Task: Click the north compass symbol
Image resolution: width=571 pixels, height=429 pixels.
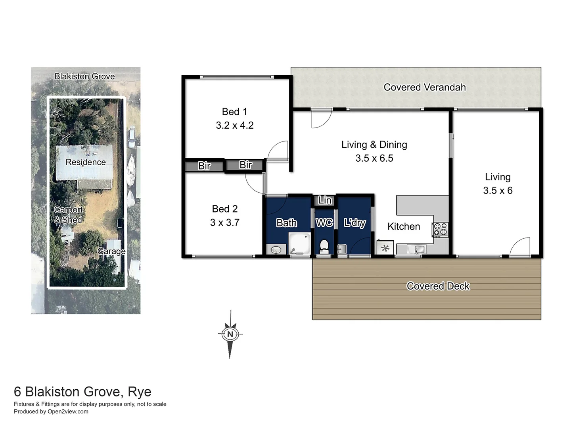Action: click(x=230, y=334)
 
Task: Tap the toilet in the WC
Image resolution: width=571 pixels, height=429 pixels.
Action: click(x=324, y=246)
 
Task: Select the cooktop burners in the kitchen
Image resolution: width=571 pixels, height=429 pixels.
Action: click(x=440, y=229)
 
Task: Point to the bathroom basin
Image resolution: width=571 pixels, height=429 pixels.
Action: click(x=276, y=250)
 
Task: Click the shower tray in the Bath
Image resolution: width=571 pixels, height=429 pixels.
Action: click(x=299, y=243)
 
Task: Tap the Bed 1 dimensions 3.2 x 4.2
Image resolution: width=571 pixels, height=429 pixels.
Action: click(x=234, y=126)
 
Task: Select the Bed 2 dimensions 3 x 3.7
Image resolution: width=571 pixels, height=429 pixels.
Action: click(x=224, y=222)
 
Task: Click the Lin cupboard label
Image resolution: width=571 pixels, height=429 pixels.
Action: click(x=325, y=200)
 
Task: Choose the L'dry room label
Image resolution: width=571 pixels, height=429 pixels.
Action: click(x=354, y=223)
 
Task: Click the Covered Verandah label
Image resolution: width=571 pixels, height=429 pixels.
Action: click(x=424, y=87)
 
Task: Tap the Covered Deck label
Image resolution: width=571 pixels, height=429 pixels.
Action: click(x=438, y=286)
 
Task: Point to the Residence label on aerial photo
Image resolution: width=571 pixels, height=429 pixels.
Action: click(x=86, y=162)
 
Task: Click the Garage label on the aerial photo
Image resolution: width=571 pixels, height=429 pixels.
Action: click(x=111, y=251)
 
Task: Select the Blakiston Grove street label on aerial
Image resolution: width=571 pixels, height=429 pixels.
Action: click(x=84, y=76)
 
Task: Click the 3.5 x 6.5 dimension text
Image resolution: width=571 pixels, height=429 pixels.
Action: click(x=374, y=158)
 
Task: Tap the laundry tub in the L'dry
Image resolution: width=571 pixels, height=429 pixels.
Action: click(x=342, y=249)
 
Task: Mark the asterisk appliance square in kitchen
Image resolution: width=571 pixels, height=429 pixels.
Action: click(x=385, y=248)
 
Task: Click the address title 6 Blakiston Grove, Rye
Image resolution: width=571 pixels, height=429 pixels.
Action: click(x=82, y=392)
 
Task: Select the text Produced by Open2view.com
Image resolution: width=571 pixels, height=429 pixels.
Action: click(x=51, y=412)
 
